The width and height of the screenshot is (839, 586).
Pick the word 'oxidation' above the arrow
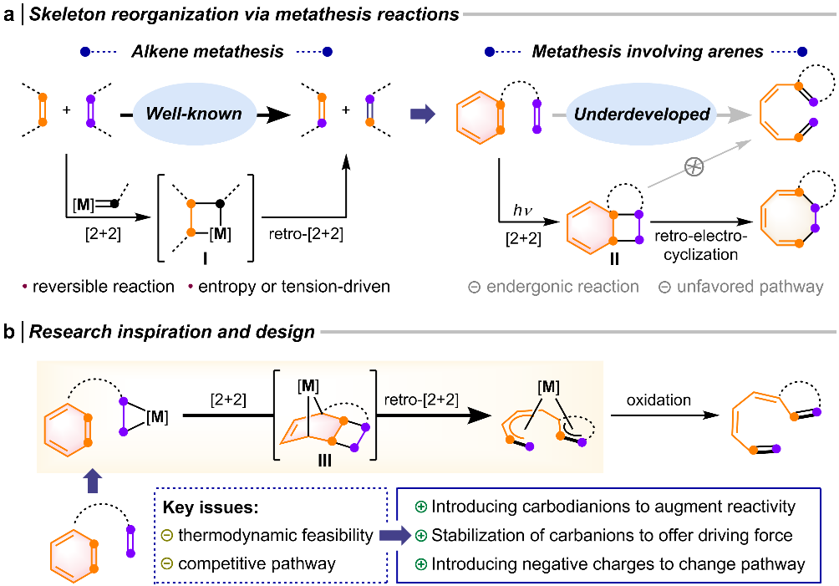pos(660,400)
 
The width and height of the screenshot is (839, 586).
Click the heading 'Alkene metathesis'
pos(207,52)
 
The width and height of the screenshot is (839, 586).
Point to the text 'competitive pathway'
pos(258,563)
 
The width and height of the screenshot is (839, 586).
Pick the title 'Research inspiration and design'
pos(172,332)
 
